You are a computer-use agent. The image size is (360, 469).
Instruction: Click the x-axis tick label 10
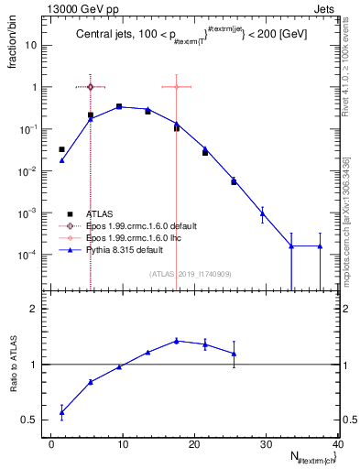click(x=122, y=444)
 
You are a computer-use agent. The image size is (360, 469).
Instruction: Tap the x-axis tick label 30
click(x=267, y=444)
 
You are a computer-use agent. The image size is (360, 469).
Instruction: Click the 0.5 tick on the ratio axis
click(x=38, y=420)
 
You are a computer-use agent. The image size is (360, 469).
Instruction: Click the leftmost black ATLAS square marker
click(x=61, y=149)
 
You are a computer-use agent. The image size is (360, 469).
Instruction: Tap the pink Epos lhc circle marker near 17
click(x=176, y=87)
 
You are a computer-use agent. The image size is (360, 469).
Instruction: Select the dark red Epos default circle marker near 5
click(x=91, y=87)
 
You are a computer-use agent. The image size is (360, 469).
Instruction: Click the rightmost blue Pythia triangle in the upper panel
click(x=320, y=245)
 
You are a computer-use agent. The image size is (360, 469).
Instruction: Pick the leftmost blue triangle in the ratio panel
click(x=61, y=412)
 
